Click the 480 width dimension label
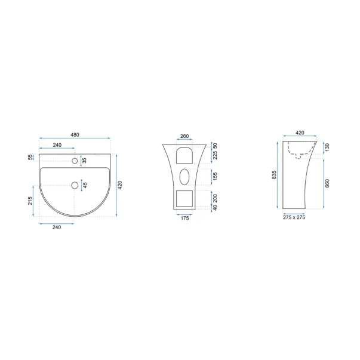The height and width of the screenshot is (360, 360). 75,135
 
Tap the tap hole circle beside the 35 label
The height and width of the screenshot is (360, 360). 75,161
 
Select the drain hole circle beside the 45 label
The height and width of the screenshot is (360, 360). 75,185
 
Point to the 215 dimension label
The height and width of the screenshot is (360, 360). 30,201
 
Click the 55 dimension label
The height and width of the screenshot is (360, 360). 30,157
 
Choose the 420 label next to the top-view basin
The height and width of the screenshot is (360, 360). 120,185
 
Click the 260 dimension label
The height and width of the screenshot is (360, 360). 184,136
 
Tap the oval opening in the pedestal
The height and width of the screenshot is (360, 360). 184,177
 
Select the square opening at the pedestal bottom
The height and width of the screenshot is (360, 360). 184,199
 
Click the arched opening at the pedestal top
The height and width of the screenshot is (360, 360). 184,155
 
